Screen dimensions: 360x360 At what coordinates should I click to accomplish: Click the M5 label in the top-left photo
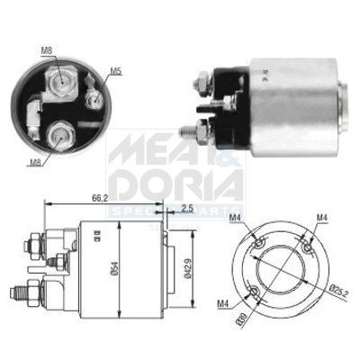pos(116,71)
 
